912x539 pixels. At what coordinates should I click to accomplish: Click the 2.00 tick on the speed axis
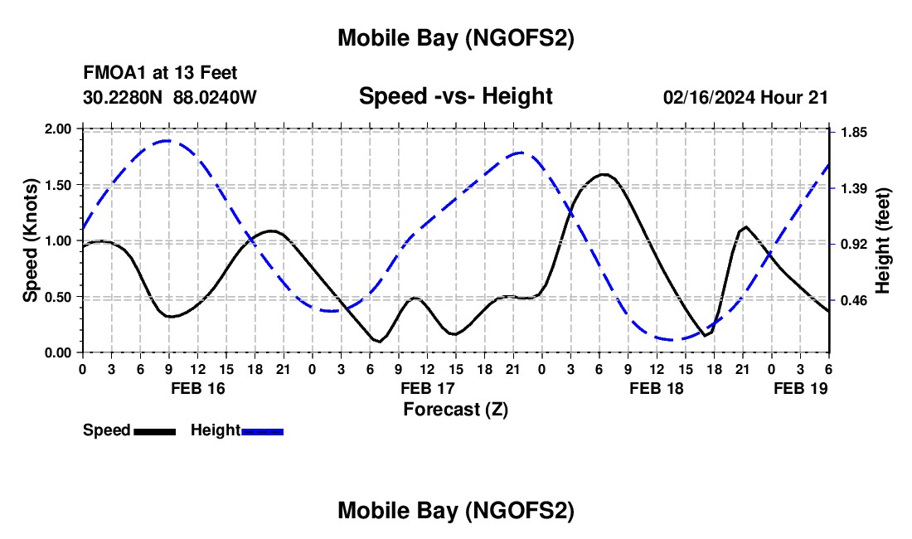click(x=59, y=129)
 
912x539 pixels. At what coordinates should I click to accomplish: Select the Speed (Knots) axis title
click(x=31, y=240)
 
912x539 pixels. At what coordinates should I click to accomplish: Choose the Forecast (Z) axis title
click(x=455, y=409)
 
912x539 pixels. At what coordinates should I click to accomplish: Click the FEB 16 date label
click(x=197, y=388)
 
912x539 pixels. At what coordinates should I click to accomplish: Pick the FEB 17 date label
click(x=427, y=388)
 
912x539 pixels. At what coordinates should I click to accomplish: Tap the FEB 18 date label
click(x=657, y=388)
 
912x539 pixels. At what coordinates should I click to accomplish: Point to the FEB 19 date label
click(x=800, y=388)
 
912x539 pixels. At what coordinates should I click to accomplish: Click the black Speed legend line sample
click(x=154, y=430)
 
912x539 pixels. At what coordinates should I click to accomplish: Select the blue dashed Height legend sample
click(x=262, y=430)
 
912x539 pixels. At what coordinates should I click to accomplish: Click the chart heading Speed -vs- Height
click(x=455, y=96)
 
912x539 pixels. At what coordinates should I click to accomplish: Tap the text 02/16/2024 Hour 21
click(x=745, y=97)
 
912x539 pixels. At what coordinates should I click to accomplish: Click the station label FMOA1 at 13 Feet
click(x=160, y=74)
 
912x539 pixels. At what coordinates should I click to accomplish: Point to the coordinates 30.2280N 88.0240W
click(x=170, y=97)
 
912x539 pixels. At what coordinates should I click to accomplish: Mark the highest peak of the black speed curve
click(x=604, y=174)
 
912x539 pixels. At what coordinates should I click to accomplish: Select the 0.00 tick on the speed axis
click(x=59, y=352)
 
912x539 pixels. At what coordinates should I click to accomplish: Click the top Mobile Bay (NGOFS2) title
click(x=455, y=38)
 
